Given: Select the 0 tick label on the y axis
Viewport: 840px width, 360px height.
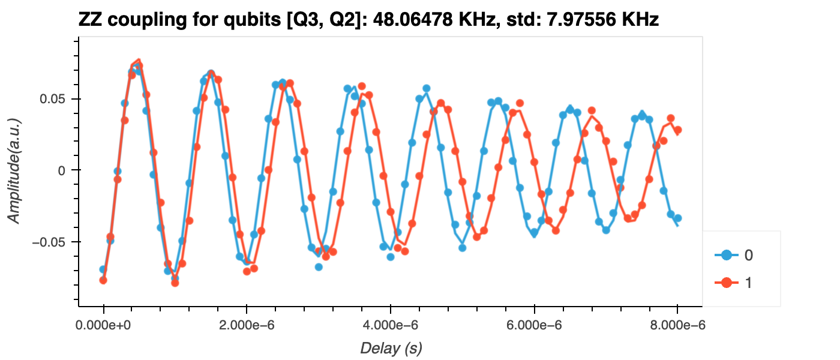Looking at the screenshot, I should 61,170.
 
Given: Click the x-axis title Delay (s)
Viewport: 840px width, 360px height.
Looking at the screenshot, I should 391,348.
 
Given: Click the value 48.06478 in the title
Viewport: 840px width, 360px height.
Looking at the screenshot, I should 414,20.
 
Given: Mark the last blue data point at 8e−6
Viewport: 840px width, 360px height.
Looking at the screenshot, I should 677,218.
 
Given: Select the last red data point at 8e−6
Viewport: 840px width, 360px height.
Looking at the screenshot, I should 677,130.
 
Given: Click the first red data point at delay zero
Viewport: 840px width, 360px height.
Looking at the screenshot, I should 103,280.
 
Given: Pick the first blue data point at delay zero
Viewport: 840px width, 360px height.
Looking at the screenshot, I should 103,269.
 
